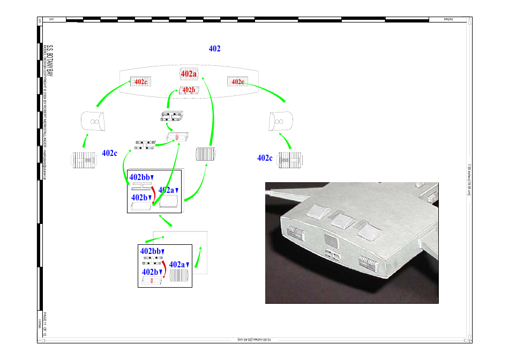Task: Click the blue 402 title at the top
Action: coord(214,49)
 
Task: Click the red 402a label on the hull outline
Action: coord(189,74)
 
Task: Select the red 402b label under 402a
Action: coord(189,90)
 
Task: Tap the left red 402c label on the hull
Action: coord(140,82)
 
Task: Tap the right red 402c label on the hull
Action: coord(237,82)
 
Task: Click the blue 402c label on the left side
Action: coord(109,153)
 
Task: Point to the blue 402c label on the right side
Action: coord(265,158)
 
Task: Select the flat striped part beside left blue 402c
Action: coord(83,160)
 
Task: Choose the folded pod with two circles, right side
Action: coord(281,122)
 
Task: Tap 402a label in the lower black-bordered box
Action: coord(179,264)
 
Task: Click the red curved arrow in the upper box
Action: coord(153,194)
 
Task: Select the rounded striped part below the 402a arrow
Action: coord(205,154)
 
